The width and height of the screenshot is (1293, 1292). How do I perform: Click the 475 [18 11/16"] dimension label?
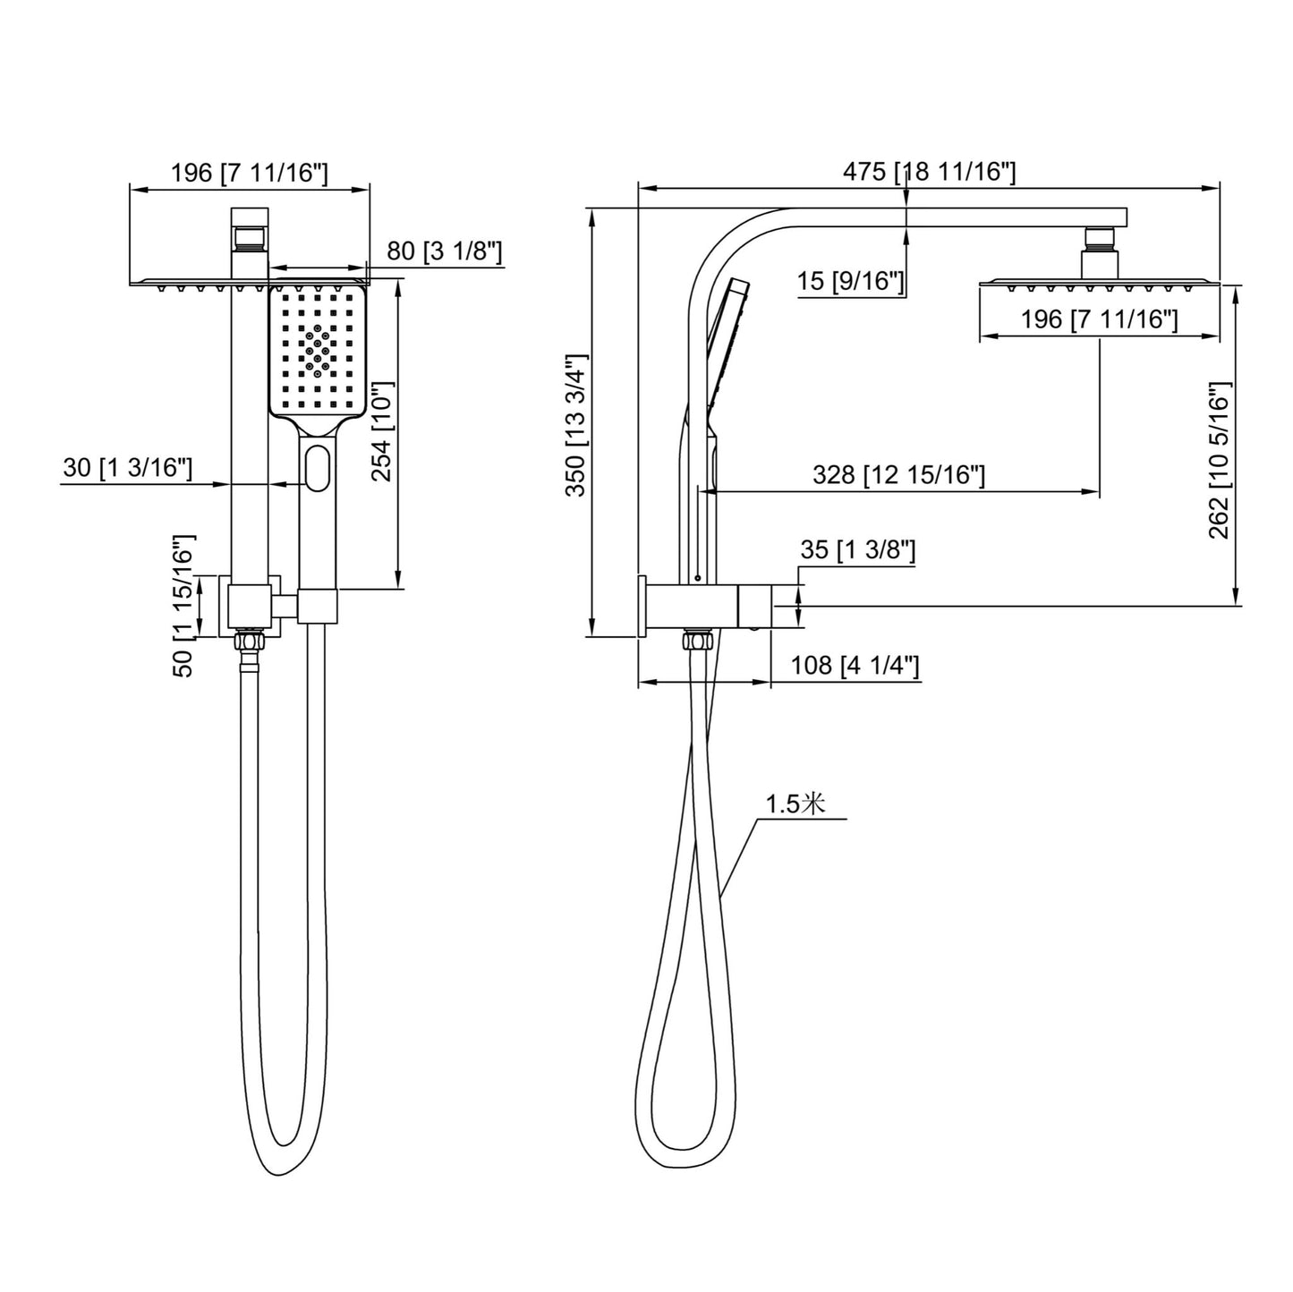[929, 172]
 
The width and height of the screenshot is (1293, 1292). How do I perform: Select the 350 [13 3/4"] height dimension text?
[577, 424]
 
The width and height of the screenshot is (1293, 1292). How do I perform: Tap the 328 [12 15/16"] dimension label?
[897, 474]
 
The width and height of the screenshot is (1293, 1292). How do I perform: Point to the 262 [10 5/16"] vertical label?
[1221, 460]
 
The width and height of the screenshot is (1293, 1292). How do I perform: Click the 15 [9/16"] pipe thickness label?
[849, 282]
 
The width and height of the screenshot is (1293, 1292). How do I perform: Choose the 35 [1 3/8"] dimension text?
[857, 549]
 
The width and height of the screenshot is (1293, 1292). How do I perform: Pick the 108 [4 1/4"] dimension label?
[855, 666]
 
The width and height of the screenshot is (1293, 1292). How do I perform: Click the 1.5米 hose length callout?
[795, 803]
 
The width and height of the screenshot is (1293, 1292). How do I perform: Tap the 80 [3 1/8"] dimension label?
[444, 251]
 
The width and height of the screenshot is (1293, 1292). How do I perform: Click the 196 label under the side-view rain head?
[1100, 319]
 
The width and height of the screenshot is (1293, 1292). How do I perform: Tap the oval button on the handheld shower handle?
[317, 470]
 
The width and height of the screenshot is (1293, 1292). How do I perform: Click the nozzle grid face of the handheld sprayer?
[318, 349]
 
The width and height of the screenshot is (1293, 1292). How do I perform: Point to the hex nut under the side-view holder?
[696, 641]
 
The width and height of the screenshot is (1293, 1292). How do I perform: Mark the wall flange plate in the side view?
[642, 606]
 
